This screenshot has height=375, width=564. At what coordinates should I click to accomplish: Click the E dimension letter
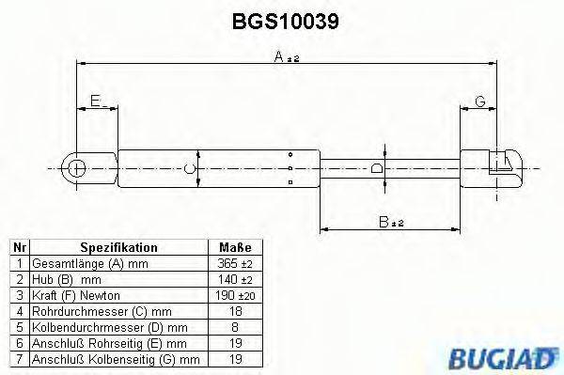[x=94, y=101]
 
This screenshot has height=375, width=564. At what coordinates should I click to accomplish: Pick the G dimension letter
[x=479, y=101]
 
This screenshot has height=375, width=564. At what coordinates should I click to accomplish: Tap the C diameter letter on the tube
[x=190, y=169]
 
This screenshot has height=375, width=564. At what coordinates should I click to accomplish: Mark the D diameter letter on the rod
[x=377, y=169]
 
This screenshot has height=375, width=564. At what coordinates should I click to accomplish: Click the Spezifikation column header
[x=118, y=247]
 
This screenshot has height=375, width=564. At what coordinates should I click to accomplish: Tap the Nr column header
[x=19, y=247]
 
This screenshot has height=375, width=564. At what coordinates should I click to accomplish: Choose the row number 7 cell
[x=19, y=359]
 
